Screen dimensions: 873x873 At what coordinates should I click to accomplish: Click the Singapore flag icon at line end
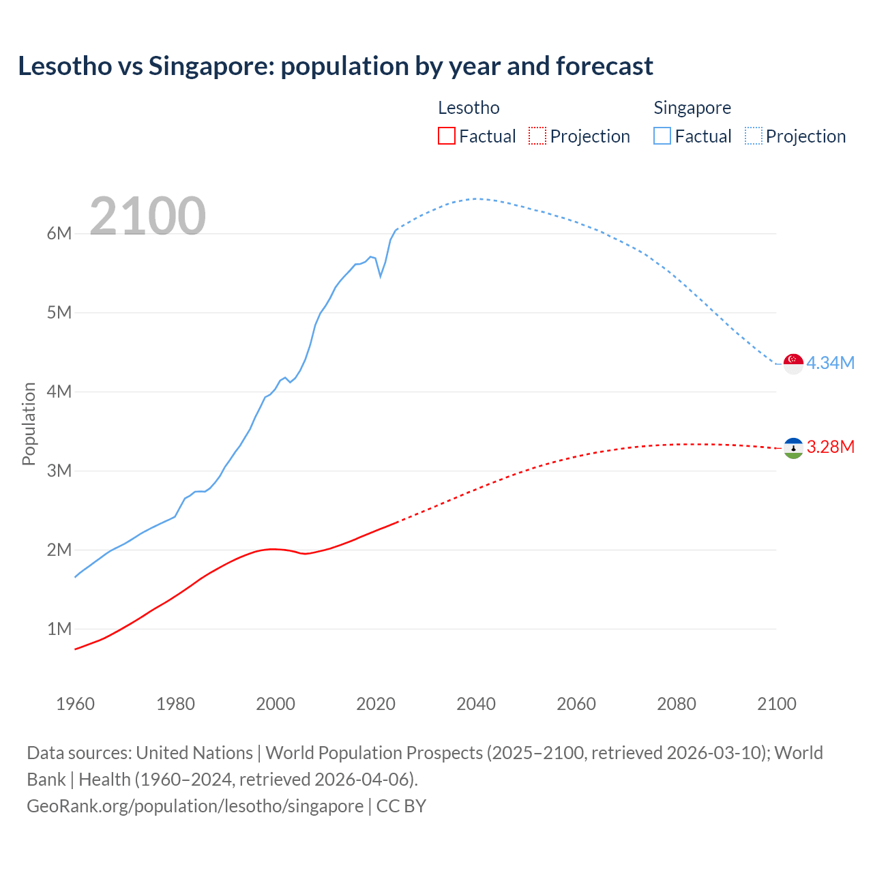(x=793, y=364)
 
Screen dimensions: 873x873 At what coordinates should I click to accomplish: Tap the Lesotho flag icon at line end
(x=793, y=448)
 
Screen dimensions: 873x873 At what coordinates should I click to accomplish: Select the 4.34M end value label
(x=830, y=363)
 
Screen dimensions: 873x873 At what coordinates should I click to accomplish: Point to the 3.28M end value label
(x=830, y=447)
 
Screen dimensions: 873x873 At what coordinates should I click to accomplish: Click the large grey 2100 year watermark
(x=147, y=216)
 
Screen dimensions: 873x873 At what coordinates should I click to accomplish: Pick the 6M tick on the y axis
(x=59, y=234)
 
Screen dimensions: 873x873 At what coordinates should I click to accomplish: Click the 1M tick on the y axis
(x=59, y=629)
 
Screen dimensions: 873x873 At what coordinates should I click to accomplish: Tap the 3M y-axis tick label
(x=59, y=471)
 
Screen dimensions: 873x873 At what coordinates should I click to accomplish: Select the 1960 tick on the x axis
(x=75, y=704)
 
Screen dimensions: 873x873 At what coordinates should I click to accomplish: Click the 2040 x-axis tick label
(x=476, y=704)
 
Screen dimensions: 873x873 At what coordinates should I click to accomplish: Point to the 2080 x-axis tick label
(x=677, y=704)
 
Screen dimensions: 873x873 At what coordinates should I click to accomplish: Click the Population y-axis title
(x=29, y=424)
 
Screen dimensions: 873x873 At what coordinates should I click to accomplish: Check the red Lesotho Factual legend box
(x=446, y=136)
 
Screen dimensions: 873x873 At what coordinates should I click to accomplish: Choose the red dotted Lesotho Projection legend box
(x=537, y=136)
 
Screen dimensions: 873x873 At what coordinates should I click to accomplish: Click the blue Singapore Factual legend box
(x=662, y=136)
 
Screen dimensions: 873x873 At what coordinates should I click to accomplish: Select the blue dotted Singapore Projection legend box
(x=754, y=136)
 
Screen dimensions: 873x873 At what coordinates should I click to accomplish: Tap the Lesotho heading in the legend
(x=469, y=108)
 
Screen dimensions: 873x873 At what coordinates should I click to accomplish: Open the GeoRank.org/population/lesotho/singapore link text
(x=195, y=806)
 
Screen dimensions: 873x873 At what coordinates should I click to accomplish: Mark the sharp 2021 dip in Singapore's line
(x=381, y=276)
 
